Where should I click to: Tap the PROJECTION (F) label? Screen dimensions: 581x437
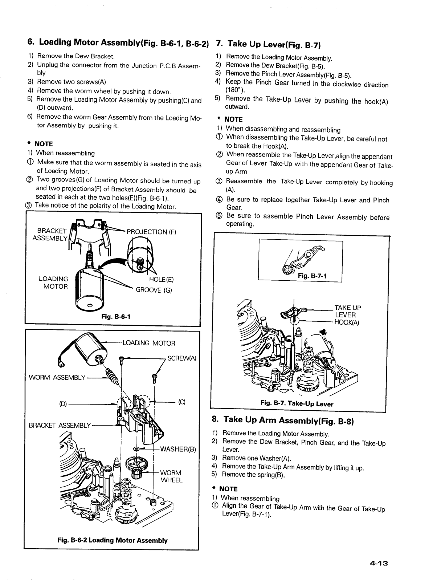[x=151, y=232]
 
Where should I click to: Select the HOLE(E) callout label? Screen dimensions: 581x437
[x=162, y=280]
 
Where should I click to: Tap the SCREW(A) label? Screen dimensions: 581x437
[x=181, y=358]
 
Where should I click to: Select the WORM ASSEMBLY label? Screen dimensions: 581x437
[x=57, y=378]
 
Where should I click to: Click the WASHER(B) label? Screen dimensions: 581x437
[x=178, y=449]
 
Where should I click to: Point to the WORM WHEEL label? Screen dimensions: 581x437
[x=171, y=476]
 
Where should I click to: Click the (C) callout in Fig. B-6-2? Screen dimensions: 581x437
[x=182, y=402]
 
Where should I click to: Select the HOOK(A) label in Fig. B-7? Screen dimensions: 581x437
[x=347, y=322]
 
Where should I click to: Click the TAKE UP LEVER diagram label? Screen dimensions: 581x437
[x=348, y=311]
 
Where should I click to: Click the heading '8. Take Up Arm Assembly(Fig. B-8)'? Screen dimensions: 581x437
[x=283, y=420]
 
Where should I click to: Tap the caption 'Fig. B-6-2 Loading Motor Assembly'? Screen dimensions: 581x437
[x=113, y=540]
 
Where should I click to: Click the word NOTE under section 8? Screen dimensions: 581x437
[x=229, y=489]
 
